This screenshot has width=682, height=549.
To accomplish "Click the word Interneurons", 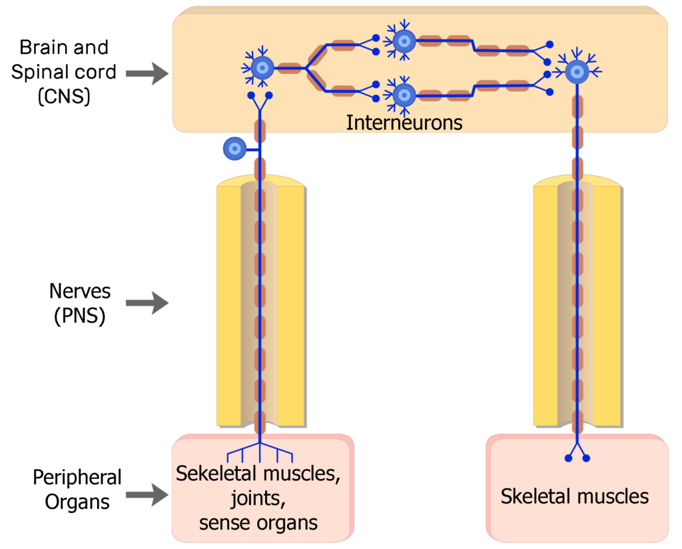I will click(404, 123).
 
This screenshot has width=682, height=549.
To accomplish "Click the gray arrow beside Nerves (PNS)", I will click(147, 304).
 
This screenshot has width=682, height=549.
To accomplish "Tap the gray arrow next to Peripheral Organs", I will click(147, 494).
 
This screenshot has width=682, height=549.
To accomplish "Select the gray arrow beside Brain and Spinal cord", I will click(147, 73).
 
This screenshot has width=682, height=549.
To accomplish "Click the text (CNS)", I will click(64, 97).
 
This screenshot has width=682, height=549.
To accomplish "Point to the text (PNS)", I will click(79, 316).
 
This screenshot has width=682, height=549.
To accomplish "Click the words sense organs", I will click(258, 522).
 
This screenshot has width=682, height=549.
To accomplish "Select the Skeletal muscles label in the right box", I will click(574, 496).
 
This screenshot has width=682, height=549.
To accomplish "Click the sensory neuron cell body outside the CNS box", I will click(234, 149).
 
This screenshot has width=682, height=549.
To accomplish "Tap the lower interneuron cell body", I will click(404, 95).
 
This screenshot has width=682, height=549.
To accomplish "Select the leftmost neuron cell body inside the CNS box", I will click(262, 67).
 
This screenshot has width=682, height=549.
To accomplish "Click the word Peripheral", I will click(77, 478).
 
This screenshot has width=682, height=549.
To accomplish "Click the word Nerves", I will click(79, 291).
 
